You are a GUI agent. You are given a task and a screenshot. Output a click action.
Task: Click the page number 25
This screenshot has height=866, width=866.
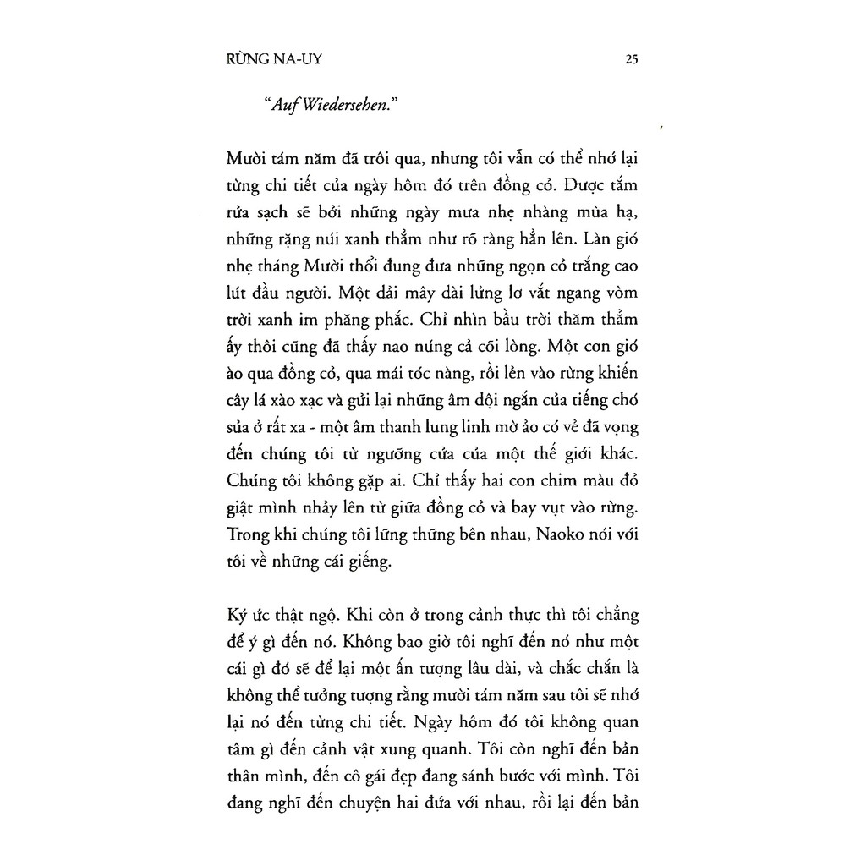click(x=631, y=59)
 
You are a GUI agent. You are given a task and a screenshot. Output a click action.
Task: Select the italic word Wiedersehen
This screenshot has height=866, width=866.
click(x=343, y=104)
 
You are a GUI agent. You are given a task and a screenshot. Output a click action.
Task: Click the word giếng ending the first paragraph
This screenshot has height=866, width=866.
click(x=370, y=559)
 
